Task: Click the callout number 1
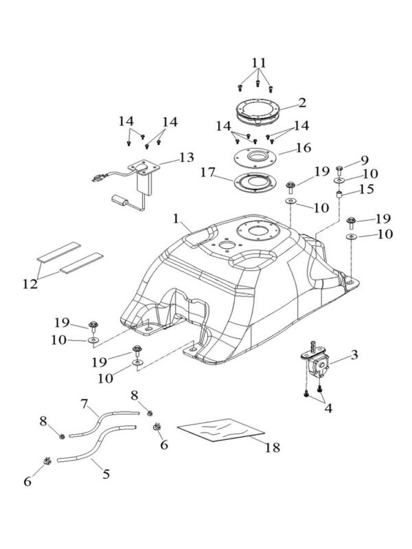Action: click(x=176, y=219)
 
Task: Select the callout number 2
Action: click(x=301, y=104)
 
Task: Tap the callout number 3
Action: click(x=354, y=355)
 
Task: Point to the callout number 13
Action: click(x=185, y=157)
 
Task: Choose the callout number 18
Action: click(x=273, y=447)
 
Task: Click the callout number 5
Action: click(x=106, y=474)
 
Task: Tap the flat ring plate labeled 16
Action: click(x=261, y=156)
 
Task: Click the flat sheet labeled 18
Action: click(x=221, y=430)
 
